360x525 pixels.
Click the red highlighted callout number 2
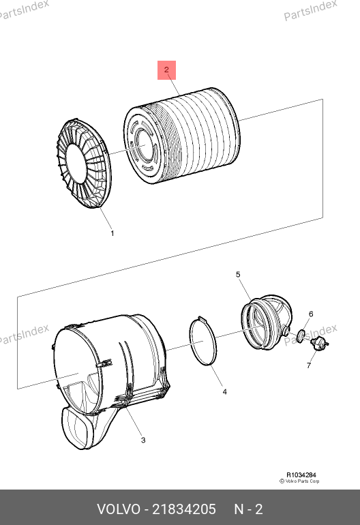pos(166,70)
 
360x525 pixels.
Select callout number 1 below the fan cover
pos(112,233)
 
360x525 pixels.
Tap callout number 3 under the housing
pos(143,440)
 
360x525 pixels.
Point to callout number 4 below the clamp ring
pos(225,391)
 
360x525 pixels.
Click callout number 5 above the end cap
pos(238,275)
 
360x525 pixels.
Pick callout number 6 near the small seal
pos(311,314)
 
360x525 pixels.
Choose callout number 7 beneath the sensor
pos(309,365)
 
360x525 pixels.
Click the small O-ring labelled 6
pos(301,334)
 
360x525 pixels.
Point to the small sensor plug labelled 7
pos(319,342)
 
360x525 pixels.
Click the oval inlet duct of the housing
pos(76,427)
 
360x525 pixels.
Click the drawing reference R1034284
pos(301,475)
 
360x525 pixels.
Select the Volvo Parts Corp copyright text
pos(299,481)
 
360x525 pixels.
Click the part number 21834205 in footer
pos(184,509)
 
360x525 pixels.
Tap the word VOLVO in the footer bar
pos(119,509)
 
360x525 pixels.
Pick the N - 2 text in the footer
pos(248,509)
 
